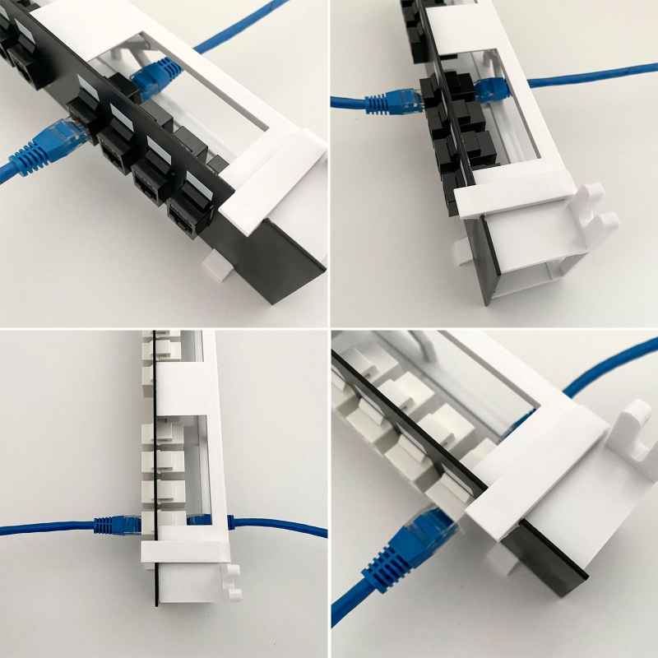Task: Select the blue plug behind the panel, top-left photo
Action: (x=156, y=76)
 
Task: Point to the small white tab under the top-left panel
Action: (x=216, y=264)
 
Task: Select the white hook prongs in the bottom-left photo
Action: (x=233, y=579)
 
